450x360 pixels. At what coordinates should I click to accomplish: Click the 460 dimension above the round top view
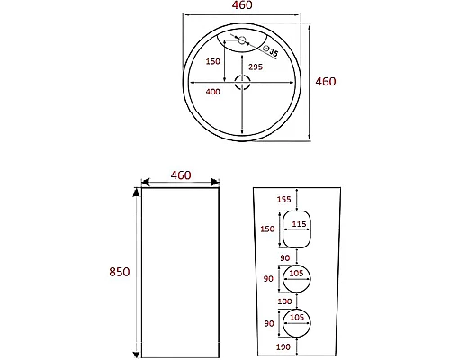tap(242, 5)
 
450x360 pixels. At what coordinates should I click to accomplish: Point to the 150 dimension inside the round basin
tap(212, 61)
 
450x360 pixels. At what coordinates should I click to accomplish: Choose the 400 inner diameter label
tap(212, 92)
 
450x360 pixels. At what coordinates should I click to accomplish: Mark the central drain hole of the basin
tap(243, 83)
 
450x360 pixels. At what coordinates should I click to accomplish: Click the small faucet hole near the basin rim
tap(240, 40)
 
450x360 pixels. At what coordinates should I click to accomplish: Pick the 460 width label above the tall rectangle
tap(181, 175)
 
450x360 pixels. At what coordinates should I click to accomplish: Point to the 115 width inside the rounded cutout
tap(301, 225)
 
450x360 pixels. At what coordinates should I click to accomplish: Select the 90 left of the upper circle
tap(268, 280)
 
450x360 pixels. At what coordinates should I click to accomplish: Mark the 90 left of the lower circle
tap(268, 324)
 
